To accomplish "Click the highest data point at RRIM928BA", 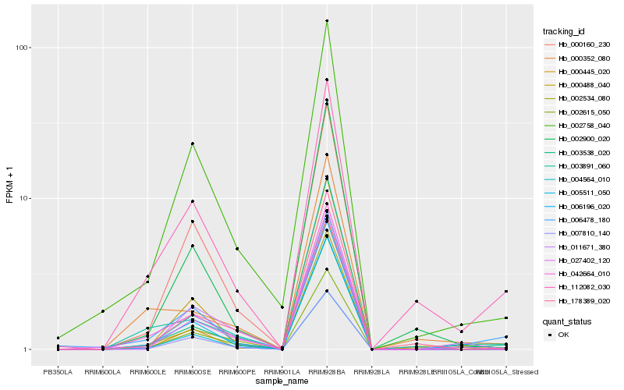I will click(x=327, y=21).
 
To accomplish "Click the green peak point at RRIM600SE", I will click(x=192, y=144).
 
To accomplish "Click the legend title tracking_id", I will click(x=564, y=31).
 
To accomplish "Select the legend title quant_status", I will click(x=565, y=321).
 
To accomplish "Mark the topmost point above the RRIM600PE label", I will click(x=237, y=249).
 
